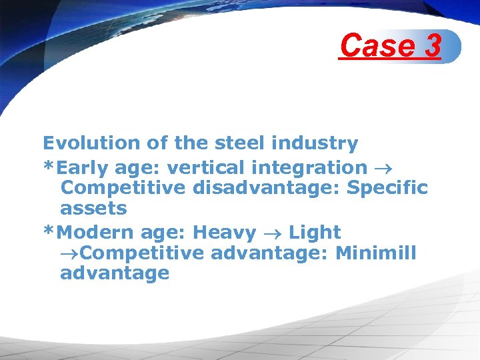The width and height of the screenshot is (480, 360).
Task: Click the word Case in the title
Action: pos(375,46)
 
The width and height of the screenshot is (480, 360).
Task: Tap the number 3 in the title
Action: pos(431,46)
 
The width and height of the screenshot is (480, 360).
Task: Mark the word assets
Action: pos(93,208)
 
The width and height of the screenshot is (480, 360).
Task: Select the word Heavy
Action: pos(224,233)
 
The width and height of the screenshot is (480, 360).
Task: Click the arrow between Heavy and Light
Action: pos(273,233)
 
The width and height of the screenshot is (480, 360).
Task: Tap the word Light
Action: pos(315,233)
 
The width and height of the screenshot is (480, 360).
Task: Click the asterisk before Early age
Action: pos(47,167)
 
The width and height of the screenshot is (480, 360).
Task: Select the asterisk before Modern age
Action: pos(47,231)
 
